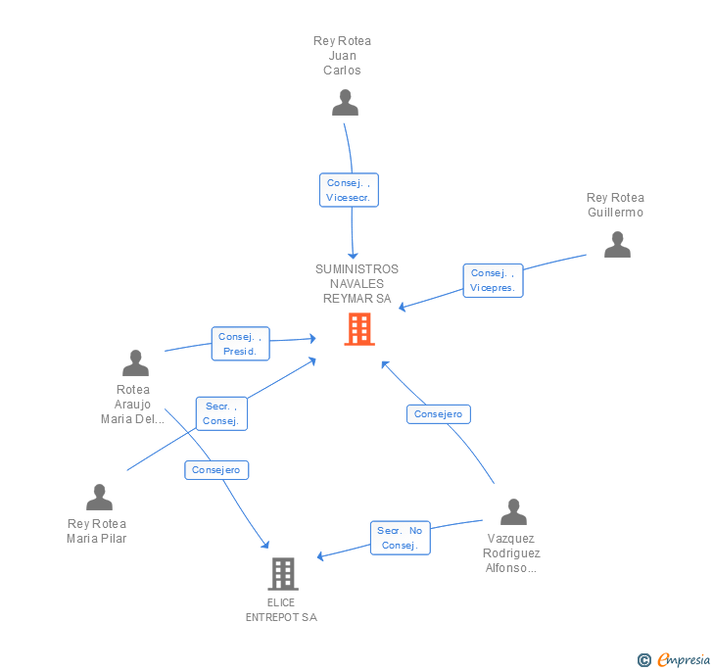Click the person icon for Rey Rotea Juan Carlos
pos(345,103)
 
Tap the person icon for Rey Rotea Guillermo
pos(617,245)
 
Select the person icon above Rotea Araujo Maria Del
pos(135,363)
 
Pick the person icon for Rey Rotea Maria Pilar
pos(99,498)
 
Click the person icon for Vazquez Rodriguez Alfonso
pos(513,512)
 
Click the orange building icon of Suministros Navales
pos(359,329)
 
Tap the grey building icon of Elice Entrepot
pos(282,574)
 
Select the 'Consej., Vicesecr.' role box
pos(349,190)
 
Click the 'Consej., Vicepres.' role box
pos(493,280)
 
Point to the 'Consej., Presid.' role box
pos(240,344)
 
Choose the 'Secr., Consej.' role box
pos(221,413)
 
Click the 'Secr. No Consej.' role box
pos(400,538)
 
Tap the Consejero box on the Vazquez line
pos(439,414)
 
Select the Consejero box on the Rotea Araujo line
pos(216,470)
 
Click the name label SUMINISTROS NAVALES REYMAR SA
pos(356,284)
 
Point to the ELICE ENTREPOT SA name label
pos(281,610)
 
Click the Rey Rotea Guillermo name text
pos(615,206)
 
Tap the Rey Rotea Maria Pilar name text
pos(97,531)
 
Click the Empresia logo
pos(684,660)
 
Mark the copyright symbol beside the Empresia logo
pos(644,661)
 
